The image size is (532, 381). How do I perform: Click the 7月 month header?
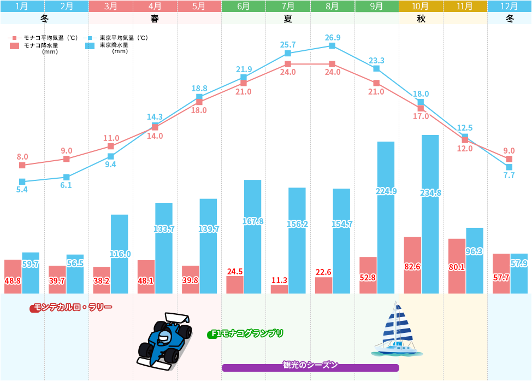pos(288,7)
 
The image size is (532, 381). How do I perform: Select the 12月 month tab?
pos(509,7)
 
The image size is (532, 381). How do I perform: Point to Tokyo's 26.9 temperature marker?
pos(332,46)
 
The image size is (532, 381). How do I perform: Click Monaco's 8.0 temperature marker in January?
pos(22,165)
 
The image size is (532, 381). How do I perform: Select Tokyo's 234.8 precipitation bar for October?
pos(430,213)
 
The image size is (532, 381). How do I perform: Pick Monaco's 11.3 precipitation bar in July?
pos(279,289)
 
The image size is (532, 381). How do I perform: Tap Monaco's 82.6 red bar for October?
pos(412,265)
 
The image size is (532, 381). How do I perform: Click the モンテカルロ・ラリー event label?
pos(72,308)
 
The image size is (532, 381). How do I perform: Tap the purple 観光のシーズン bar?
pos(310,367)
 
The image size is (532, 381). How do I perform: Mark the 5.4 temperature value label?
pos(22,190)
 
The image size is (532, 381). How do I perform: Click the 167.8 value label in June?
pos(253,221)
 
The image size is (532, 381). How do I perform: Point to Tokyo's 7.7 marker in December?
pos(509,167)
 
